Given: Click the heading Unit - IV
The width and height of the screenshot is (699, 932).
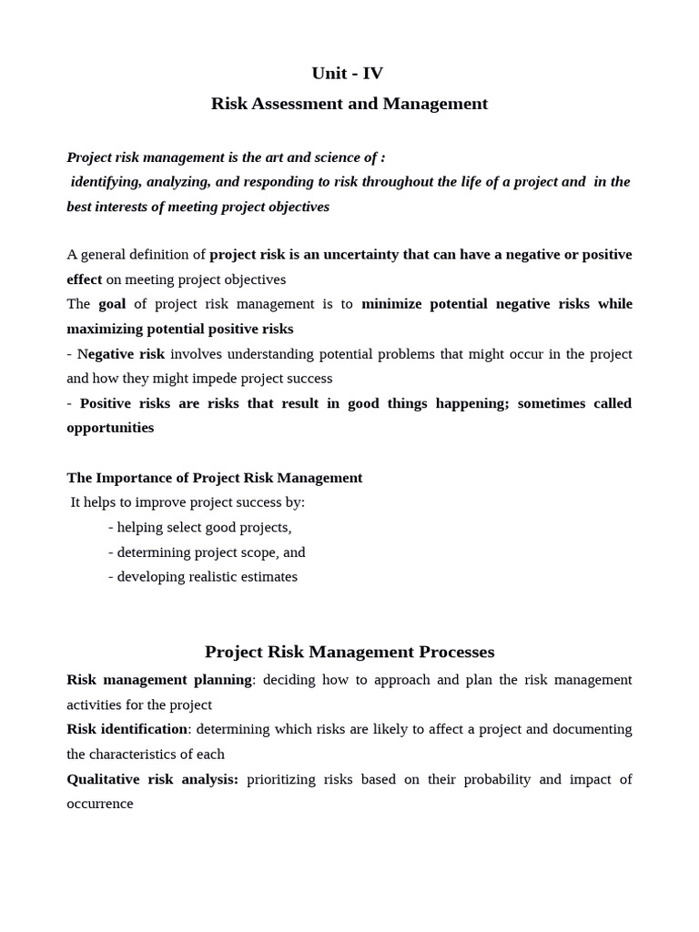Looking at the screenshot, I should pos(348,74).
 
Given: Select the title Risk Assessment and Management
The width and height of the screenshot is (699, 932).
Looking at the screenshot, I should pos(349,104).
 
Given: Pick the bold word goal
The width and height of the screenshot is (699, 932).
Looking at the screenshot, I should pos(112,304).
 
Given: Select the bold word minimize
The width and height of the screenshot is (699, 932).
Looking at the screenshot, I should pos(393,304).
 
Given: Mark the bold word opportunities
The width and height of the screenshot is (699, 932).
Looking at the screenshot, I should pos(110,428).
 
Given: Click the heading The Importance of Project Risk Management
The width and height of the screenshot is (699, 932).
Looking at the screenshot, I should pos(215,478).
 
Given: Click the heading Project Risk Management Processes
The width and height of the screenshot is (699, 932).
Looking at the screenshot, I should pos(349,653).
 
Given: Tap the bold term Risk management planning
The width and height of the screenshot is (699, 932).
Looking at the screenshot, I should pos(159,680).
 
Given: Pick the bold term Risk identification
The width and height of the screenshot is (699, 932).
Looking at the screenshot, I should pos(127,730).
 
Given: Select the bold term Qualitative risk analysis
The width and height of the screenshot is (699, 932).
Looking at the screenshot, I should pos(152,780).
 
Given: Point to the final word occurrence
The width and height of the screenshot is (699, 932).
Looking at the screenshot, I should pos(100,805).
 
